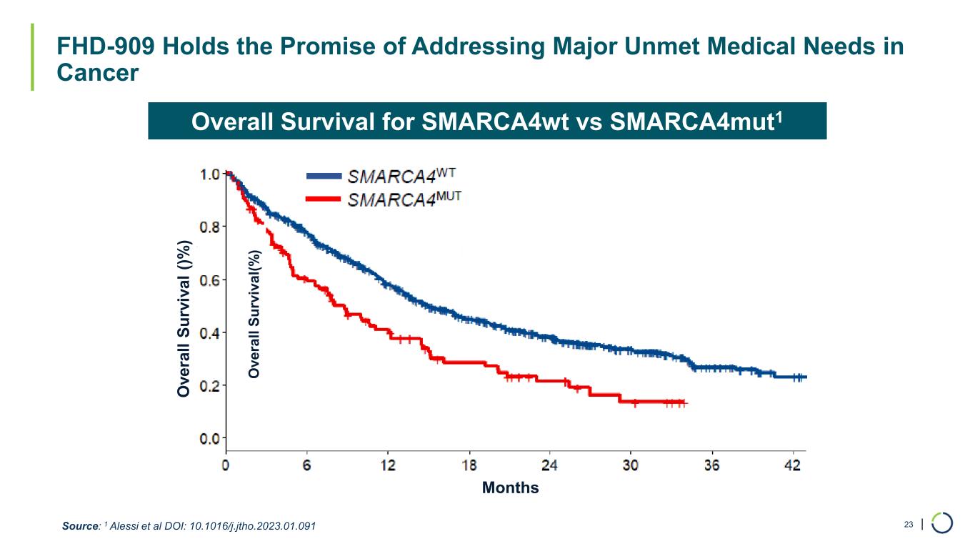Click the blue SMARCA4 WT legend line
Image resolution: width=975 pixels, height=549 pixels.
coord(324,176)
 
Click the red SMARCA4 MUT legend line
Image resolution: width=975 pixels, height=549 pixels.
coord(324,198)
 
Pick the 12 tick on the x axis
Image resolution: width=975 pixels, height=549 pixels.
coord(388,465)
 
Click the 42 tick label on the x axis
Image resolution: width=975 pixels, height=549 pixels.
coord(793,465)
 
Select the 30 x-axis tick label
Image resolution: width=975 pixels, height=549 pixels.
coord(631,465)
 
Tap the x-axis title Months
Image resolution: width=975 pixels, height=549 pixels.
coord(510,488)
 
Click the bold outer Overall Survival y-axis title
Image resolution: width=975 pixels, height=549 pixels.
coord(184,319)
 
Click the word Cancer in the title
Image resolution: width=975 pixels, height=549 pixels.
coord(98,73)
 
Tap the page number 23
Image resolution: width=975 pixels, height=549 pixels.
coord(909,525)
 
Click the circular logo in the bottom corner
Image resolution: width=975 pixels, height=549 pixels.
coord(942,523)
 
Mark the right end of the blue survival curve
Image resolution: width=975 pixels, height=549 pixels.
coord(805,377)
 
